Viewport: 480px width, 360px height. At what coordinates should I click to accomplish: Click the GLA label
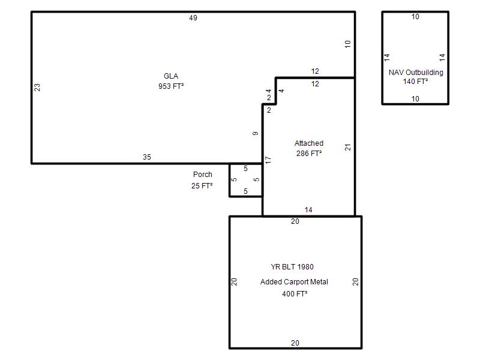[171, 76]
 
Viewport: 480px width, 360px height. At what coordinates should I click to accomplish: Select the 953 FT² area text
[171, 86]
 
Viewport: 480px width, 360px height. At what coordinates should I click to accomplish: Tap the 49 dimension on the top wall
[193, 18]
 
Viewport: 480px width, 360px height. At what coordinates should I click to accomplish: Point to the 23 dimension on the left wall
[37, 87]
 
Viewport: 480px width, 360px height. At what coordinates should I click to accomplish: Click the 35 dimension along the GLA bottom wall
[147, 157]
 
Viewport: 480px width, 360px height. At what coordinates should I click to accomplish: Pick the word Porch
[203, 175]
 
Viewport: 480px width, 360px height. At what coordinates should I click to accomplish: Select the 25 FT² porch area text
[202, 185]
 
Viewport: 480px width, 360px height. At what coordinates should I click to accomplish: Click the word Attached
[309, 143]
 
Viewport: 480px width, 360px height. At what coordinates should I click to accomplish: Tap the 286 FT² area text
[309, 154]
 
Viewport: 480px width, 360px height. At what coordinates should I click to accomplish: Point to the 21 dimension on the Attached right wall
[348, 147]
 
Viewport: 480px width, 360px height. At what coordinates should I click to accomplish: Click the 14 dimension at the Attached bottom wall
[308, 210]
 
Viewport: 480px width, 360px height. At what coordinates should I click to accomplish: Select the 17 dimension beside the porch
[268, 160]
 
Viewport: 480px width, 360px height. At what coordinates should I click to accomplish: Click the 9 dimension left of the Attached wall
[256, 133]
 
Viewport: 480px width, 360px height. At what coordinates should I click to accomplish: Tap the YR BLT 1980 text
[292, 267]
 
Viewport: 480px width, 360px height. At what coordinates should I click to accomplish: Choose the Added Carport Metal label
[294, 281]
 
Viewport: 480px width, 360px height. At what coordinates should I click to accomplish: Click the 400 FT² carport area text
[295, 293]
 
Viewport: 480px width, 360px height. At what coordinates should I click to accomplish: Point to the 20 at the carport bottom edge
[295, 343]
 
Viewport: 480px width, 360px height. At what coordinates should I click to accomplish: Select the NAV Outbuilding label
[416, 73]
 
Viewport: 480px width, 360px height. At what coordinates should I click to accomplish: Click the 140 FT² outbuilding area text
[415, 82]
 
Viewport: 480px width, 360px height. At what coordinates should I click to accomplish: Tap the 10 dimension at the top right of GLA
[347, 44]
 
